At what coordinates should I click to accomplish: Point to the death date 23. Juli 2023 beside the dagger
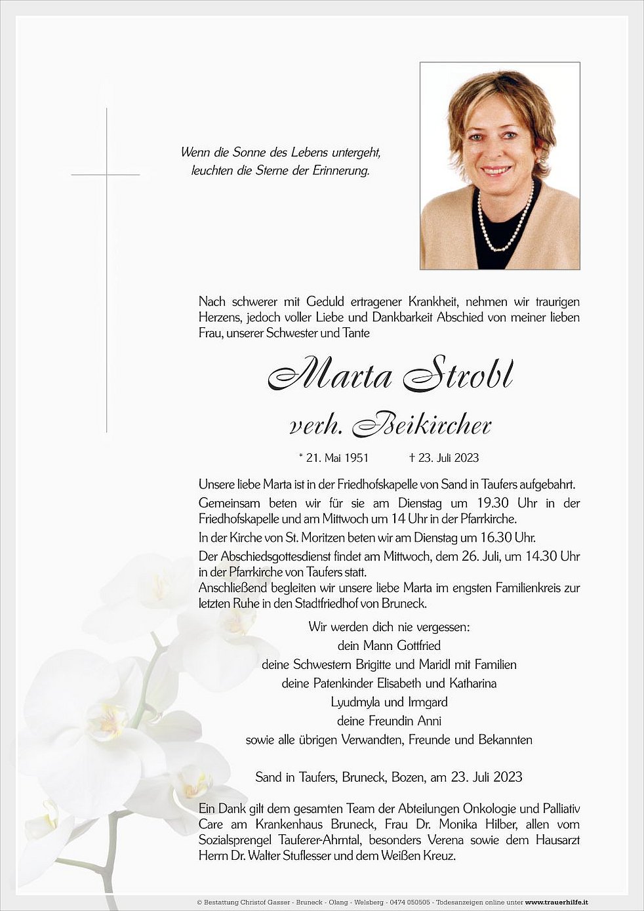(x=449, y=458)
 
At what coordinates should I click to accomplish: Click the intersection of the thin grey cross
(x=106, y=174)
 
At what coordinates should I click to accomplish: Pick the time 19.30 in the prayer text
(x=489, y=503)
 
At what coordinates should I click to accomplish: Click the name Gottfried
(x=418, y=645)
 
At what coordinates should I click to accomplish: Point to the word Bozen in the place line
(x=407, y=777)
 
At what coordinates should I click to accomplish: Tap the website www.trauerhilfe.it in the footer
(x=556, y=902)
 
